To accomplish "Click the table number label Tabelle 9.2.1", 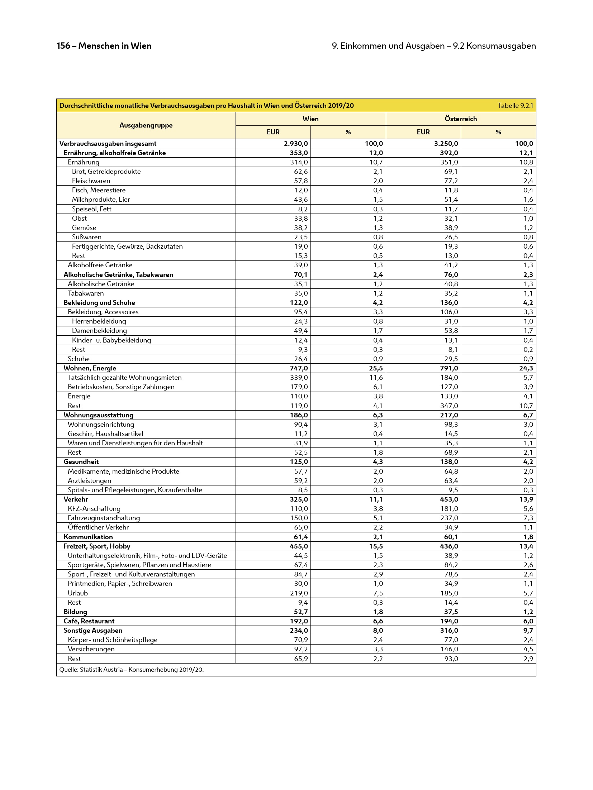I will (x=515, y=106).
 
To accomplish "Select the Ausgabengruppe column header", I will (x=146, y=125).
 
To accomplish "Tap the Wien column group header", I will (x=310, y=119).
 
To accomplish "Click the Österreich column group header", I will (x=461, y=119).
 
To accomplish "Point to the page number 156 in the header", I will (x=63, y=46).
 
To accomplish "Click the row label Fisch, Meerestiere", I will (x=99, y=190).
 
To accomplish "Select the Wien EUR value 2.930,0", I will (x=295, y=144).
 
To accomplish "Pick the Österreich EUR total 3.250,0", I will (x=446, y=144).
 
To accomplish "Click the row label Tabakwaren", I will (x=86, y=293).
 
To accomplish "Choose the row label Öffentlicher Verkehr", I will (x=98, y=527).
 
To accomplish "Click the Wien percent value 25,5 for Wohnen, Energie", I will (x=375, y=368).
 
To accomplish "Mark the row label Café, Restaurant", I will (x=89, y=621).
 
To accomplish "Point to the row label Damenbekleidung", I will (x=99, y=331).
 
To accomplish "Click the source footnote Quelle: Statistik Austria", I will (x=131, y=670).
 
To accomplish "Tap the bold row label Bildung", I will (x=75, y=612).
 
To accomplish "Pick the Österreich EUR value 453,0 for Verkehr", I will (x=449, y=499).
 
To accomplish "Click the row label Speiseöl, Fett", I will (x=91, y=209).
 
